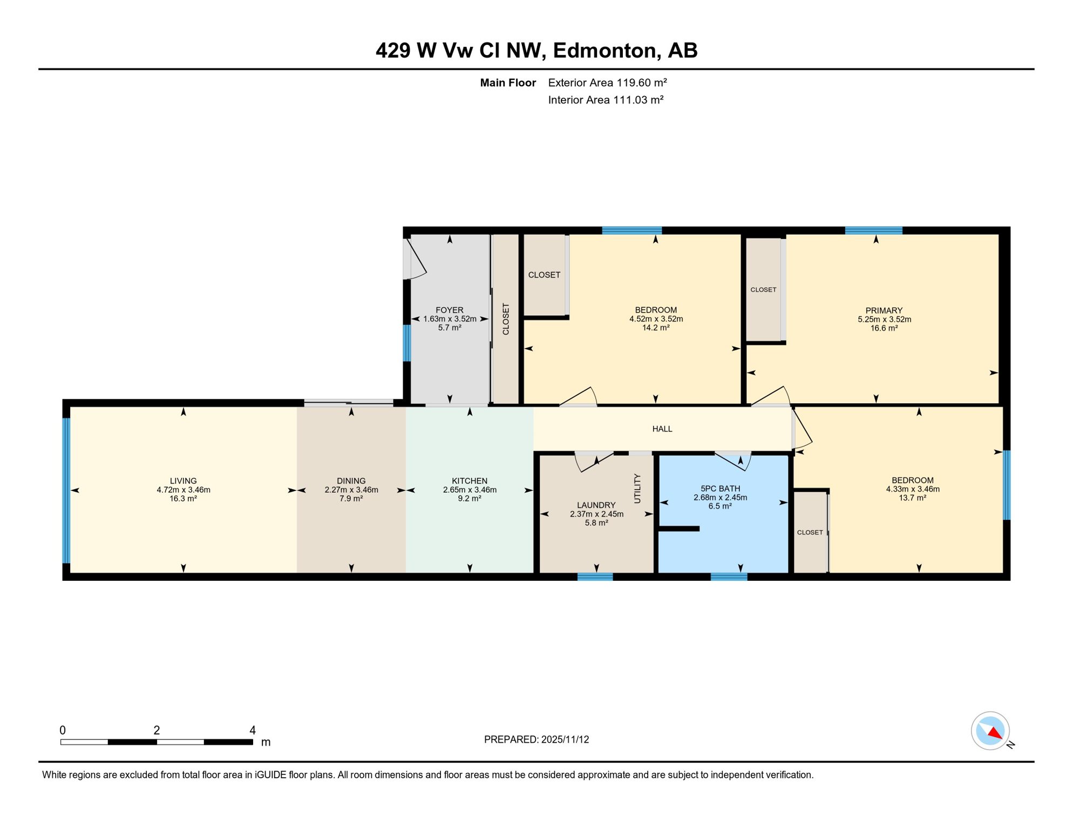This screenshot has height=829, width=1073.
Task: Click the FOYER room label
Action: pyautogui.click(x=449, y=310)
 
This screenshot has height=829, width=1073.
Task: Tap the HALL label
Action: pyautogui.click(x=662, y=429)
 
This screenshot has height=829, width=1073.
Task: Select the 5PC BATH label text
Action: pyautogui.click(x=720, y=488)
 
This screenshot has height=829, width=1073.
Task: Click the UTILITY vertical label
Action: pyautogui.click(x=637, y=488)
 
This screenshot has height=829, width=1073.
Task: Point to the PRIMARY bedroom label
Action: pyautogui.click(x=884, y=310)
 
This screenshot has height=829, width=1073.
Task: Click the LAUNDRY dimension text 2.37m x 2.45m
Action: pyautogui.click(x=596, y=514)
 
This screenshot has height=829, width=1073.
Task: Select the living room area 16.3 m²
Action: pyautogui.click(x=183, y=499)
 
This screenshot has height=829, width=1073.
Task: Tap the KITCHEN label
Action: pyautogui.click(x=469, y=481)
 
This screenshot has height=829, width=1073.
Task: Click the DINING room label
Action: pyautogui.click(x=351, y=481)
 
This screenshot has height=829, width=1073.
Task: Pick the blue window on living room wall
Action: pyautogui.click(x=66, y=490)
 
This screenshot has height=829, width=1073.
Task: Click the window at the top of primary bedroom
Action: pyautogui.click(x=873, y=230)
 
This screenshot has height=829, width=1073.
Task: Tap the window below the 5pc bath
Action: pyautogui.click(x=729, y=577)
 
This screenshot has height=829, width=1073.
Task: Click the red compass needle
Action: pyautogui.click(x=994, y=733)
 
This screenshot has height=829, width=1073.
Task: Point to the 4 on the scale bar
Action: pyautogui.click(x=252, y=730)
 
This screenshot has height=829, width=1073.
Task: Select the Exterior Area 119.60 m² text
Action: pyautogui.click(x=607, y=83)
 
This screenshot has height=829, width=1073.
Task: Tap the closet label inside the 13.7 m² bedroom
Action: pyautogui.click(x=810, y=532)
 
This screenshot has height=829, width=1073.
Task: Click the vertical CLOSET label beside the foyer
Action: pyautogui.click(x=506, y=319)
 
